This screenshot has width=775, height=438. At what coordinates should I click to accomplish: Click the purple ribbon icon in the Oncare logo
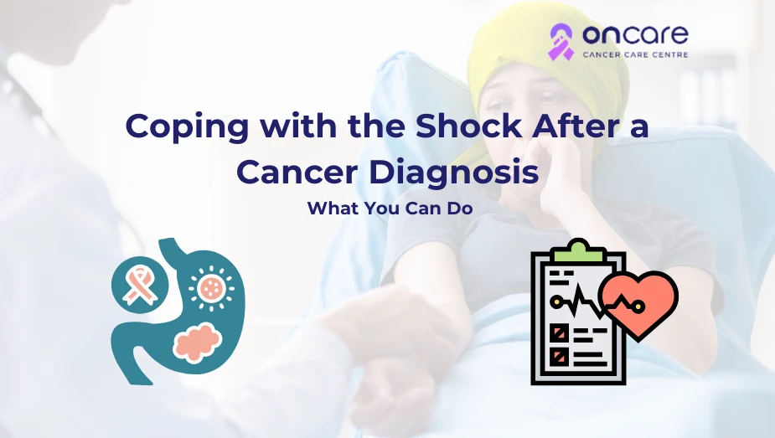pos(561,43)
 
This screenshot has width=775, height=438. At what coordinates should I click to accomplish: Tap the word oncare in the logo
pos(635,34)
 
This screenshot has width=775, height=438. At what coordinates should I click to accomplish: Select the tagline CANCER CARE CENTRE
pos(635,54)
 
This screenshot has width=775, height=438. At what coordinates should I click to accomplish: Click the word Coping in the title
pos(187,127)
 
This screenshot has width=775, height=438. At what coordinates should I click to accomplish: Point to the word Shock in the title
pos(468,126)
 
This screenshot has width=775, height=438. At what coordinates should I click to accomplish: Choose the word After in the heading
pos(572,126)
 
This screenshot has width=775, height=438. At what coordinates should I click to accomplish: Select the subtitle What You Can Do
pos(390,208)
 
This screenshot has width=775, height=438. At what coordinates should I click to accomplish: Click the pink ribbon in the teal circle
pos(139,285)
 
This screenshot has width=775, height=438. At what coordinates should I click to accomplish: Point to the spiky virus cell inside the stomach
pos(211,288)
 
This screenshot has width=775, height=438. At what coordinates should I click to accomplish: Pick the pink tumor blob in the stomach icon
pos(197,342)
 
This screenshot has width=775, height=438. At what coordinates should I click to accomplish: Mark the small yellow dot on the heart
pos(639,307)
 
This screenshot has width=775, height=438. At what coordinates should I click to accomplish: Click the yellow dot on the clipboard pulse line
pos(556,300)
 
